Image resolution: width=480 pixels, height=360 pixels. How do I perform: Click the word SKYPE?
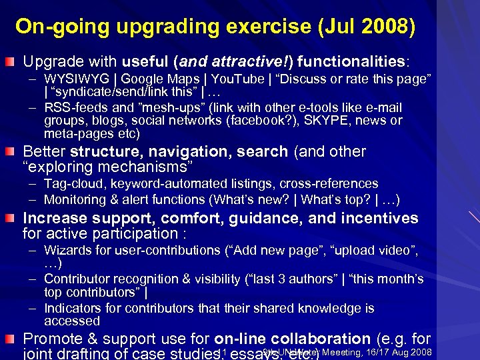(x=324, y=120)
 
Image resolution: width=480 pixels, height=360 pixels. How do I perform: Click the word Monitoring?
(x=77, y=199)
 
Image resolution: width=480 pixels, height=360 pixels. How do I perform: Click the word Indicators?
(x=73, y=308)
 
